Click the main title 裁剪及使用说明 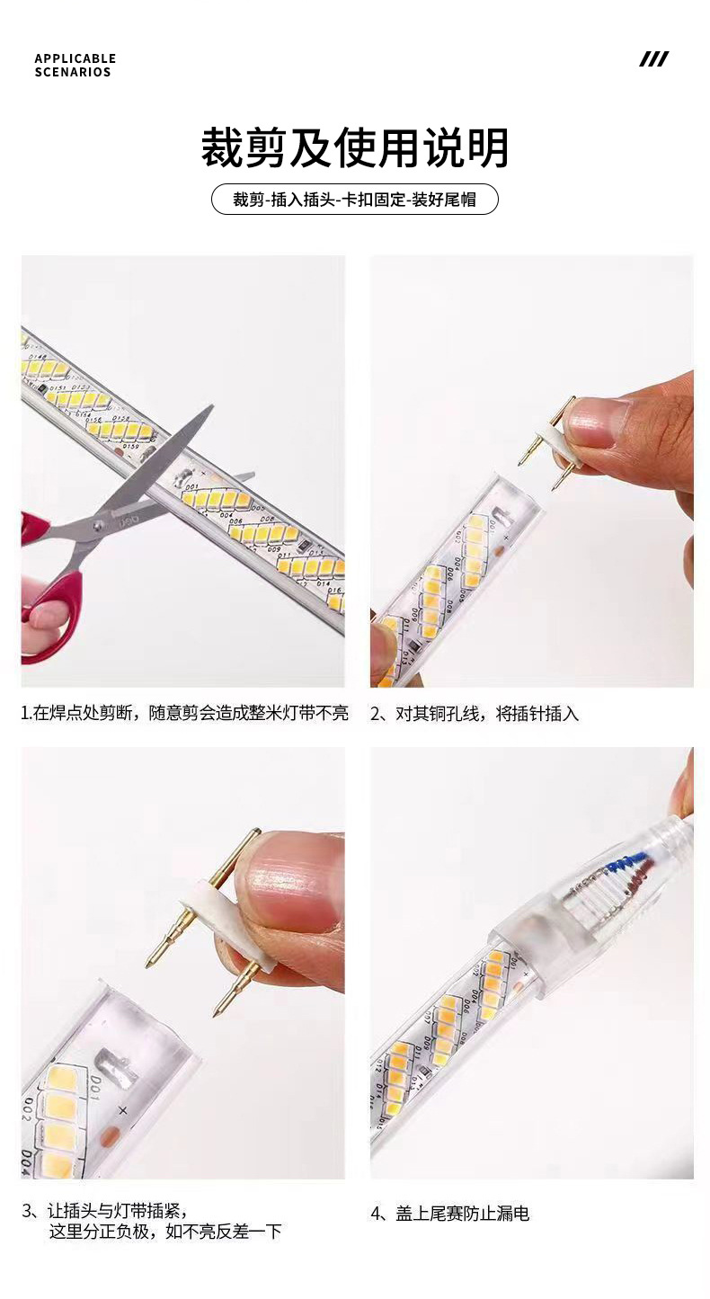355,148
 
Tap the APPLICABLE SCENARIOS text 75,66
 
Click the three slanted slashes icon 653,59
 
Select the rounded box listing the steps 355,200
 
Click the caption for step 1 184,714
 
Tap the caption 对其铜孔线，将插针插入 475,714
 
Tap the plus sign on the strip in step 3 123,1111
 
